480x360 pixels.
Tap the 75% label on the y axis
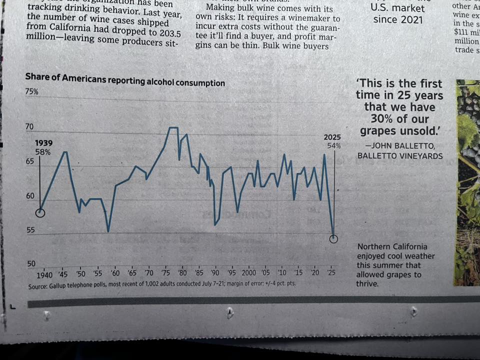[31, 92]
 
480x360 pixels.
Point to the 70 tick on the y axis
[30, 127]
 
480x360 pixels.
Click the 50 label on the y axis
[31, 263]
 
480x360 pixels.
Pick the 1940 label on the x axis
[44, 275]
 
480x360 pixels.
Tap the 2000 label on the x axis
[248, 273]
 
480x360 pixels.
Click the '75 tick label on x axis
[166, 273]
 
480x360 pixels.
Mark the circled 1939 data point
[40, 213]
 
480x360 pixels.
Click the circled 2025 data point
[333, 238]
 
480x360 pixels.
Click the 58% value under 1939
[43, 152]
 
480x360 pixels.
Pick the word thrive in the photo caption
[367, 283]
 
